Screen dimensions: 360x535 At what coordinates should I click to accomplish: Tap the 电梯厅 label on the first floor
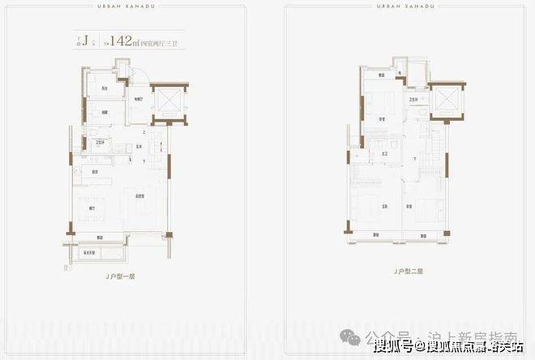pos(139,100)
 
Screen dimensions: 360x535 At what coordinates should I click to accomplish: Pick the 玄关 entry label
pos(139,147)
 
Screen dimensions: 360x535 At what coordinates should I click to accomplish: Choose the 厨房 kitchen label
pos(95,172)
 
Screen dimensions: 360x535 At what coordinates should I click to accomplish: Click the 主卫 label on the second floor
pos(386,153)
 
